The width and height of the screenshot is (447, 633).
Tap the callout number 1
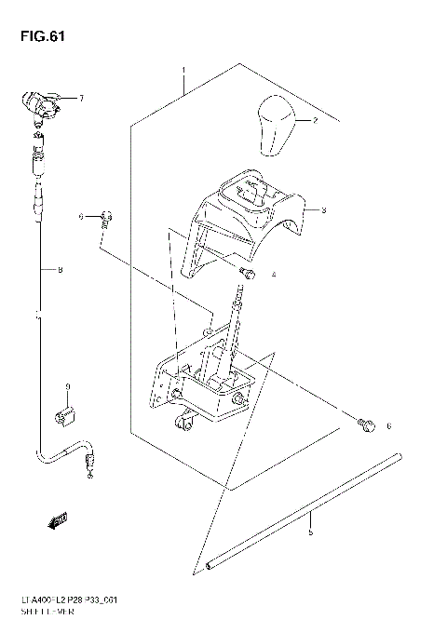click(x=184, y=72)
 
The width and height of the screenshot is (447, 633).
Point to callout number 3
click(x=322, y=210)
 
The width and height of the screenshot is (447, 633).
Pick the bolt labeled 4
click(x=248, y=272)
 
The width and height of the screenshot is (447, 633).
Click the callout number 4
click(x=274, y=275)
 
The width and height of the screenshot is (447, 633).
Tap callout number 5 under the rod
click(x=310, y=532)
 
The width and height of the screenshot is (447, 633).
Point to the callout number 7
click(x=81, y=99)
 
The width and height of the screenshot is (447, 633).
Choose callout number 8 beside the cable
click(x=60, y=271)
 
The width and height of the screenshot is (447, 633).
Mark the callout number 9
click(x=67, y=386)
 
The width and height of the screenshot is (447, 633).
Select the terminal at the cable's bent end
click(x=88, y=461)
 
